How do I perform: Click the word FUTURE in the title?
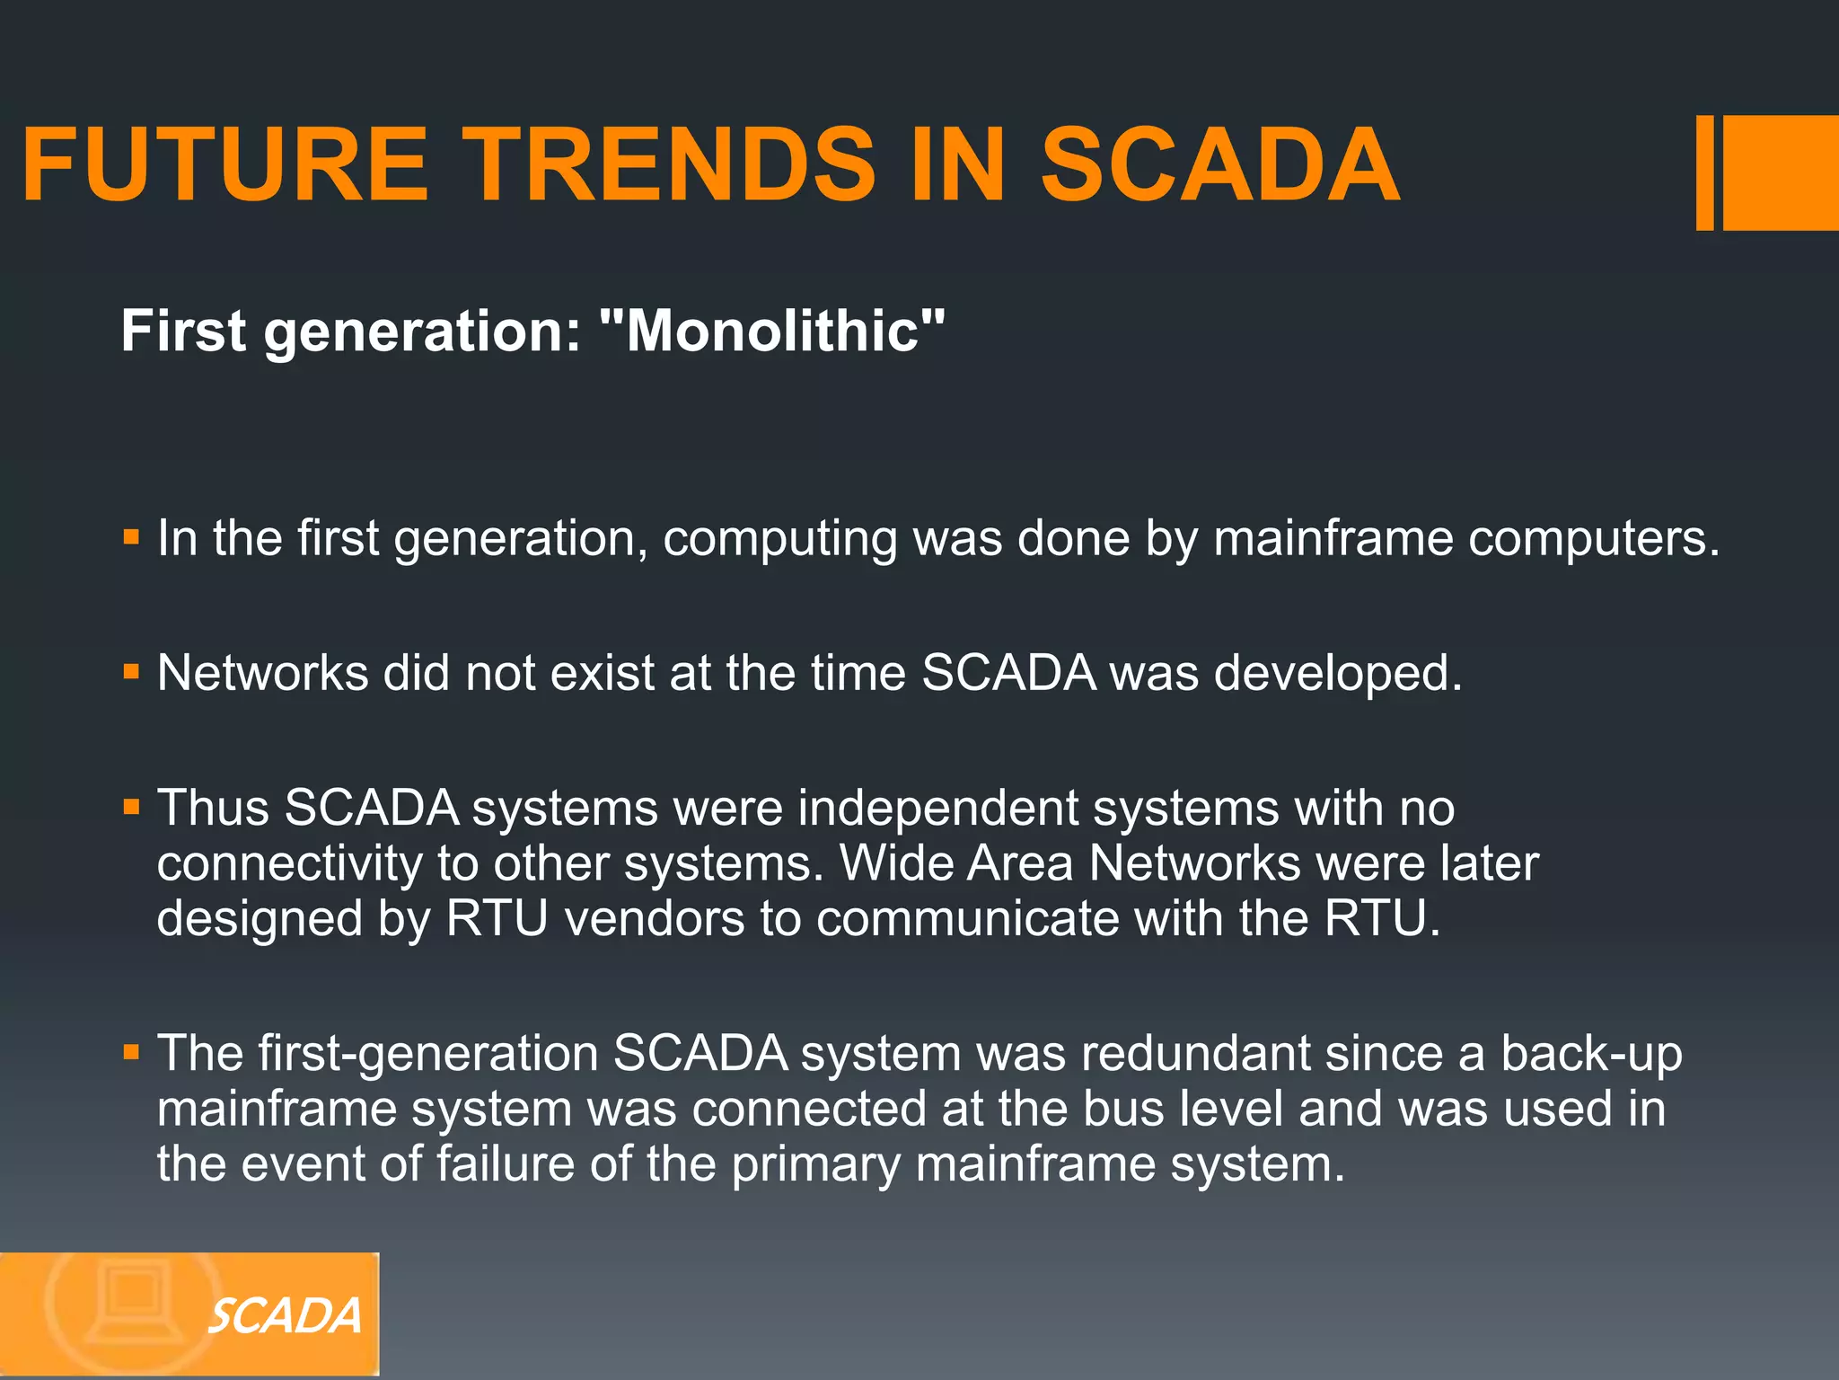[x=224, y=165]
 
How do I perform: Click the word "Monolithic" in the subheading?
[x=772, y=331]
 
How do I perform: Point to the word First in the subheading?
[x=183, y=331]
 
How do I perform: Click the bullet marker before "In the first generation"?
[x=132, y=538]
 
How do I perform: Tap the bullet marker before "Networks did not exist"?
[x=132, y=672]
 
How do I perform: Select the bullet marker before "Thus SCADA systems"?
[x=132, y=807]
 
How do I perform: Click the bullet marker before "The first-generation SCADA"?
[x=132, y=1052]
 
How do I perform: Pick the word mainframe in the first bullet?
[x=1333, y=538]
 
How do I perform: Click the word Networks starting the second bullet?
[x=262, y=672]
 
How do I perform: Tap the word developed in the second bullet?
[x=1337, y=674]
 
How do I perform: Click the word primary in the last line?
[x=815, y=1165]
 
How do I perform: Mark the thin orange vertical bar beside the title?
[x=1704, y=172]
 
